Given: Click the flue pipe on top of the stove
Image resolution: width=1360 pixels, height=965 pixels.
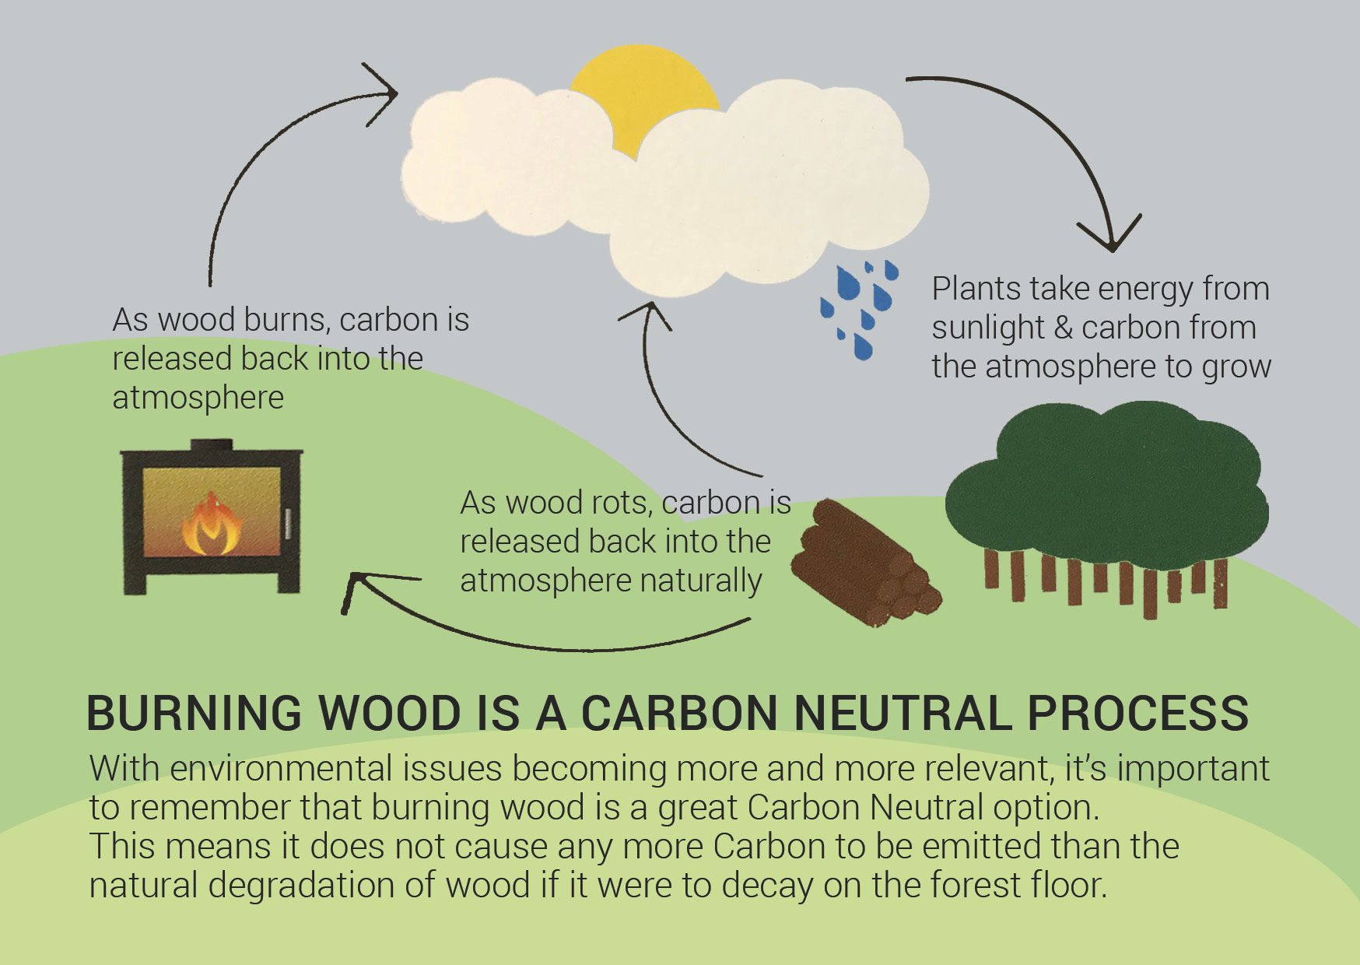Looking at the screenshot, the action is tap(212, 444).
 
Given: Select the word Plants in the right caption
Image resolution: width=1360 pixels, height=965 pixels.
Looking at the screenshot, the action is tap(976, 289).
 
